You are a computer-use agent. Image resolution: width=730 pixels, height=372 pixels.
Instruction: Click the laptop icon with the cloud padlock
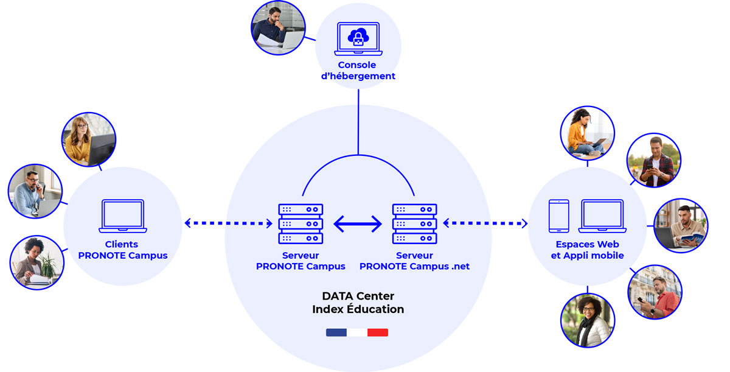[x=358, y=39]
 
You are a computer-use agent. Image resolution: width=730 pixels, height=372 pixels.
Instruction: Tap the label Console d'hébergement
[x=358, y=71]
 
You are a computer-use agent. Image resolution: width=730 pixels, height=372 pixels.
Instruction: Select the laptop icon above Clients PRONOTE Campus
[x=123, y=216]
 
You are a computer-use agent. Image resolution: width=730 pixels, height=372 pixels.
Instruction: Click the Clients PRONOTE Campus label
[x=123, y=250]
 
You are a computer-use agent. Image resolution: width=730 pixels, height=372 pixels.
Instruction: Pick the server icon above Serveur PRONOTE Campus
[x=301, y=223]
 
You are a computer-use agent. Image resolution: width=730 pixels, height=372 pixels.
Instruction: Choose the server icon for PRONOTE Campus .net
[x=414, y=223]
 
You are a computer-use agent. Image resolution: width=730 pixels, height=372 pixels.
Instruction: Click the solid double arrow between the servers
[x=358, y=224]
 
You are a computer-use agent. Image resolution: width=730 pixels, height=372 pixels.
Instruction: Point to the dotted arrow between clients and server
[x=229, y=223]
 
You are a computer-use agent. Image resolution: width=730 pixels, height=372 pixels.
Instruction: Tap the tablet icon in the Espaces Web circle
[x=558, y=216]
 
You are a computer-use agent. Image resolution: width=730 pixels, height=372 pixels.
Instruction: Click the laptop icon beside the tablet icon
[x=602, y=216]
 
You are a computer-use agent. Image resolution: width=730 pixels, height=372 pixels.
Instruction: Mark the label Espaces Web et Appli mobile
[x=587, y=250]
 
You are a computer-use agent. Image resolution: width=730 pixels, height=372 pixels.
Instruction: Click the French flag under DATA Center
[x=357, y=332]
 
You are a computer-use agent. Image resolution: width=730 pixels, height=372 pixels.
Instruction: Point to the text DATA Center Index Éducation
[x=358, y=303]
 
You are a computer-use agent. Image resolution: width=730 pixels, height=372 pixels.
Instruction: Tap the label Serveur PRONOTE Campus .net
[x=414, y=261]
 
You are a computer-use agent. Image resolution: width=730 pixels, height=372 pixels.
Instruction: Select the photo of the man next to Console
[x=278, y=28]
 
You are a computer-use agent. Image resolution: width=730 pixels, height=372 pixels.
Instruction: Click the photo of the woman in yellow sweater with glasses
[x=89, y=139]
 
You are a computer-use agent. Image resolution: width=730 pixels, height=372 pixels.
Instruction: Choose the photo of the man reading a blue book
[x=681, y=226]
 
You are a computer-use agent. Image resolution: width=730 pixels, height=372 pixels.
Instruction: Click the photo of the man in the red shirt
[x=655, y=292]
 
